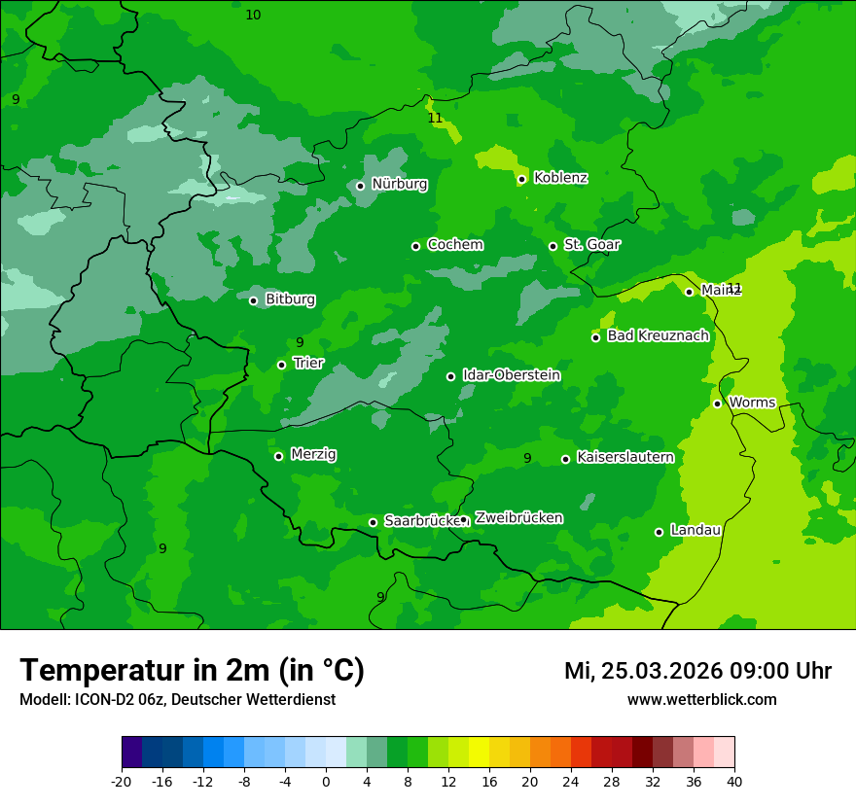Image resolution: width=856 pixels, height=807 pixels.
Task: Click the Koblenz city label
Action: pos(560,178)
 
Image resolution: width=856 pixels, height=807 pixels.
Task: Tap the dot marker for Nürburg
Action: pos(360,186)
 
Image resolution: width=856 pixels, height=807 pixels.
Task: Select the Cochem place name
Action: pos(454,245)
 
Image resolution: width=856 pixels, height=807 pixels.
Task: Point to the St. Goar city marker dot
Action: pos(553,246)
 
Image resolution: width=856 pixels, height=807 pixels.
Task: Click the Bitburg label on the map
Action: pos(290,299)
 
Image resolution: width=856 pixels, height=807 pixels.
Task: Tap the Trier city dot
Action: pos(281,365)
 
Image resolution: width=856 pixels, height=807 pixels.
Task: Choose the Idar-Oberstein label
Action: pos(511,375)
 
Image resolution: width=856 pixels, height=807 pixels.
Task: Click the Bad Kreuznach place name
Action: pos(658,335)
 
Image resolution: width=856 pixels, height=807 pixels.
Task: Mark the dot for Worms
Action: pos(717,403)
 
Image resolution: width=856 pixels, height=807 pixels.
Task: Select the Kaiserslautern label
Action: pos(625,457)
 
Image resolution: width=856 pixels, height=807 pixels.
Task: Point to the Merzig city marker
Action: pos(278,456)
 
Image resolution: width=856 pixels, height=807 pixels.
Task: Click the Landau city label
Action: pos(695,530)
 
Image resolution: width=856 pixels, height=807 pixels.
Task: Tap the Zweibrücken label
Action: pos(518,518)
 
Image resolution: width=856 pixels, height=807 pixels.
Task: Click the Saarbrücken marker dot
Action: pos(373,522)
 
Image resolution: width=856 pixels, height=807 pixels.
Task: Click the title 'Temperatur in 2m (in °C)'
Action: pos(192,671)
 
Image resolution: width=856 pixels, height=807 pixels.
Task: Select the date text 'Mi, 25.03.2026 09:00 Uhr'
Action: pos(697,671)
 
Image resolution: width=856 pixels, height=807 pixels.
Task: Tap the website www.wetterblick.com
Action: pos(701,700)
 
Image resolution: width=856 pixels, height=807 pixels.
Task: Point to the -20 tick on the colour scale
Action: pos(122,781)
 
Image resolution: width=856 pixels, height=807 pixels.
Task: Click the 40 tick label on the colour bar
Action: pos(734,781)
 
